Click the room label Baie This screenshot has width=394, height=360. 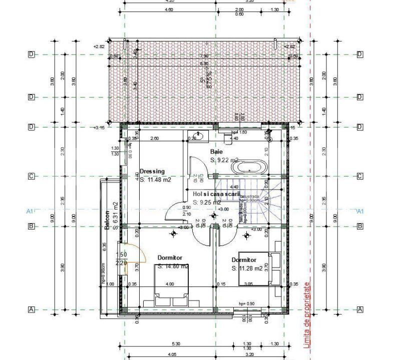pyautogui.click(x=216, y=151)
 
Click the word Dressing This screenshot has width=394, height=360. pyautogui.click(x=152, y=171)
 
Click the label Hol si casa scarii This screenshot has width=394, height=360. pyautogui.click(x=216, y=193)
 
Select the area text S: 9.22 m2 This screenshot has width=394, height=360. pyautogui.click(x=224, y=160)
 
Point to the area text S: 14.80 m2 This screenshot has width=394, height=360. pyautogui.click(x=173, y=266)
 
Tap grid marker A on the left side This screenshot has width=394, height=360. pyautogui.click(x=31, y=309)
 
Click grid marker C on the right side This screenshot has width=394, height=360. pyautogui.click(x=359, y=176)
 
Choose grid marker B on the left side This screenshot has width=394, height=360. pyautogui.click(x=31, y=226)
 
